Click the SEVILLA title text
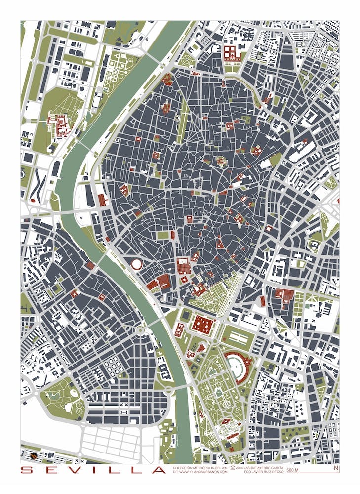click(x=93, y=470)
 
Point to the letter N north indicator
click(x=336, y=468)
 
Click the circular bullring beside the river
click(x=137, y=264)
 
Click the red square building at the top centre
click(x=231, y=53)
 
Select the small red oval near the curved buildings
click(x=33, y=200)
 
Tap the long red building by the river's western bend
click(x=102, y=200)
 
